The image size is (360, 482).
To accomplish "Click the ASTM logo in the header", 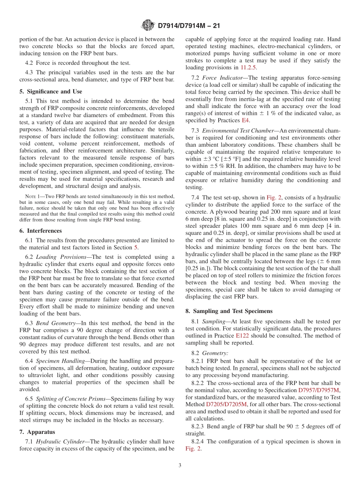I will [148, 26].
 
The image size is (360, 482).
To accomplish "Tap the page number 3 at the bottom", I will [180, 465].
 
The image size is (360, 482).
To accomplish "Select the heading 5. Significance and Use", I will [51, 92].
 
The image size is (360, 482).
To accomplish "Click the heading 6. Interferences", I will [41, 231].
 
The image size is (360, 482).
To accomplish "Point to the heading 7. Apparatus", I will [37, 432].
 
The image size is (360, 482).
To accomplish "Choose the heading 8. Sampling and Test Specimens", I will [229, 311].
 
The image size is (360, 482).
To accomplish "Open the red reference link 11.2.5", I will [248, 68].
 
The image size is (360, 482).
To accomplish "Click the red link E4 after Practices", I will [246, 121].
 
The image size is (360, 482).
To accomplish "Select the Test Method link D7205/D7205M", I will [226, 404].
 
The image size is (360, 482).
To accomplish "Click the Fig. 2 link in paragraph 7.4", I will [273, 198].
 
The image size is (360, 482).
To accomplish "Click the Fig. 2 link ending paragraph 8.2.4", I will [193, 449].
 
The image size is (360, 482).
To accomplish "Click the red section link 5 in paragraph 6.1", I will [136, 247].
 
